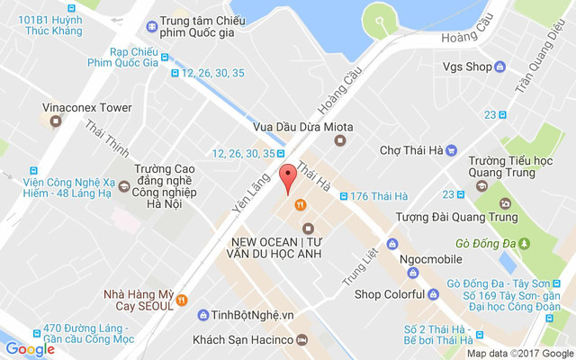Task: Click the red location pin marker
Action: [287, 178]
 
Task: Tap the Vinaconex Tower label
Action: [86, 108]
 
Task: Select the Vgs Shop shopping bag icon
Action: [499, 67]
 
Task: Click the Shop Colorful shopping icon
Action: [416, 293]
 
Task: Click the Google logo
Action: [30, 348]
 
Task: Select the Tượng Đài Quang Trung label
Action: [457, 217]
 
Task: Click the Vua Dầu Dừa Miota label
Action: [289, 126]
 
